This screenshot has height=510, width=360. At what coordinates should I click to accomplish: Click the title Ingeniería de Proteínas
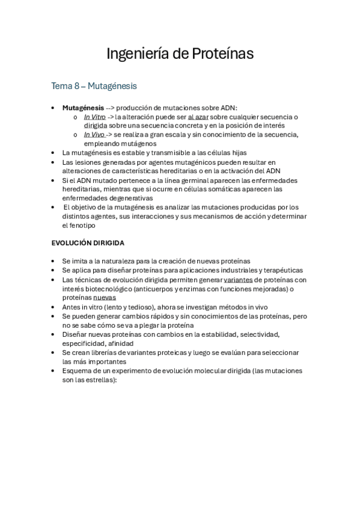pos(180,54)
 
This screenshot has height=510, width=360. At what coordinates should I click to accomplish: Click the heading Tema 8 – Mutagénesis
pos(94,87)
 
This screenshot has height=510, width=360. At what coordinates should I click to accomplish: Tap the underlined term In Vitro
pos(94,117)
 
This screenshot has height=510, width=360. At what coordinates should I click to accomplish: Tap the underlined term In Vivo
pos(94,135)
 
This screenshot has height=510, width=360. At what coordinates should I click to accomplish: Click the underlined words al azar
pos(198,117)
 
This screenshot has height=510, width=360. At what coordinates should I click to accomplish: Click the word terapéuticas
pos(281,271)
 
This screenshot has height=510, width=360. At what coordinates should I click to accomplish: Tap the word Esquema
pos(78,370)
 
